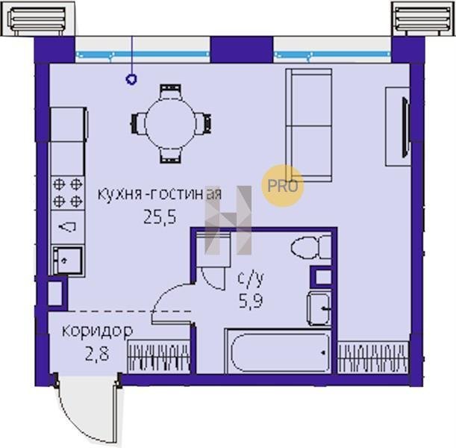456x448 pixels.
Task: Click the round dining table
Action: (170, 124)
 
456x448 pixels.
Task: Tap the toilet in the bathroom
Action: (311, 248)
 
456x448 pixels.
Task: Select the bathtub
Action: (280, 352)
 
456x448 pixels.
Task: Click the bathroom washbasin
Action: (319, 308)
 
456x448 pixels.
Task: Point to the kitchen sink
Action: (67, 261)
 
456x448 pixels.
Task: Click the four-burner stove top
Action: (68, 193)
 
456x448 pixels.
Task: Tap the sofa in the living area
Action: (309, 125)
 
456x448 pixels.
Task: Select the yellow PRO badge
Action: (283, 186)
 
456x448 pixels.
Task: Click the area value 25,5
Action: (160, 217)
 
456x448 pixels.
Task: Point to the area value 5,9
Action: (251, 301)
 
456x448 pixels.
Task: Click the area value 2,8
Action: (97, 354)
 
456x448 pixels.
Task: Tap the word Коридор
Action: (98, 332)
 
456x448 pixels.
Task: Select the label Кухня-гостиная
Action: (160, 194)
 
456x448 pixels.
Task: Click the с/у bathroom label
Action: (251, 279)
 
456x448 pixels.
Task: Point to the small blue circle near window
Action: (131, 79)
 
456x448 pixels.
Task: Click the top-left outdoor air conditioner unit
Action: (38, 19)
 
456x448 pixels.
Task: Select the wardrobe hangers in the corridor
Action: (159, 357)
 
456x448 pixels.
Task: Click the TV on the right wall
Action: (405, 127)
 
